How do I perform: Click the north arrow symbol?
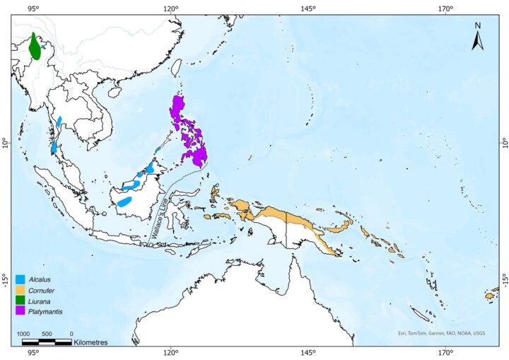pos(477,37)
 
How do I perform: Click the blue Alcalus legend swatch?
pos(21,279)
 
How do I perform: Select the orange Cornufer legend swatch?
pos(21,290)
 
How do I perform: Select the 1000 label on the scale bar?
pos(24,333)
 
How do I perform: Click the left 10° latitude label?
pos(6,144)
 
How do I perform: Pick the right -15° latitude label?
pos(503,277)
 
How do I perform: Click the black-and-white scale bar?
pos(47,342)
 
